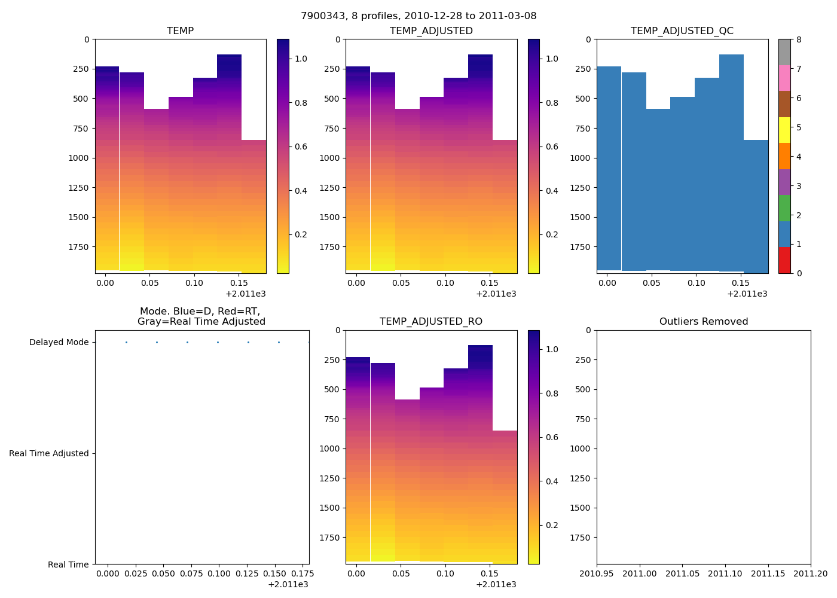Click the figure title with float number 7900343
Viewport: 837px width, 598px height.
[418, 16]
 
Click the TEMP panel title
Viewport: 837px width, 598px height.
[180, 31]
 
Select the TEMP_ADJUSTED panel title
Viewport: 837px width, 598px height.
[431, 31]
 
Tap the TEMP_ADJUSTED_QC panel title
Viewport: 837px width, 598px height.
[682, 31]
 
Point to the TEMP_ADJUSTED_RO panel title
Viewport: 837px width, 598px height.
[431, 322]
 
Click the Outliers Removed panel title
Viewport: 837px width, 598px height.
[704, 322]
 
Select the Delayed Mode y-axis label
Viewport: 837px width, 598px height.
[59, 343]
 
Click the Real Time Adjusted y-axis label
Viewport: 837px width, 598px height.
[49, 453]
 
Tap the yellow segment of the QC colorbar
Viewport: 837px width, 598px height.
[784, 130]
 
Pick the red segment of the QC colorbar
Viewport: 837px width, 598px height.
[784, 260]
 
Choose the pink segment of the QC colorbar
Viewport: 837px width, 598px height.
[784, 78]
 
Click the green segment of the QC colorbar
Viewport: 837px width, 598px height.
[784, 208]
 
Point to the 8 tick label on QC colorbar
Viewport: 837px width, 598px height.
[798, 40]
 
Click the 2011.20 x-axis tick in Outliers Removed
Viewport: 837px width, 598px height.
[811, 574]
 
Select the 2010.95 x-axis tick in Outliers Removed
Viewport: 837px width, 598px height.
[597, 574]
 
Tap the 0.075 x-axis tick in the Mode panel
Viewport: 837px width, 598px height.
[188, 574]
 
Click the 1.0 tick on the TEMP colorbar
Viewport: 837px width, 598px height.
[301, 59]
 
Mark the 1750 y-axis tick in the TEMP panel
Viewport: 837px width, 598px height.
[79, 247]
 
